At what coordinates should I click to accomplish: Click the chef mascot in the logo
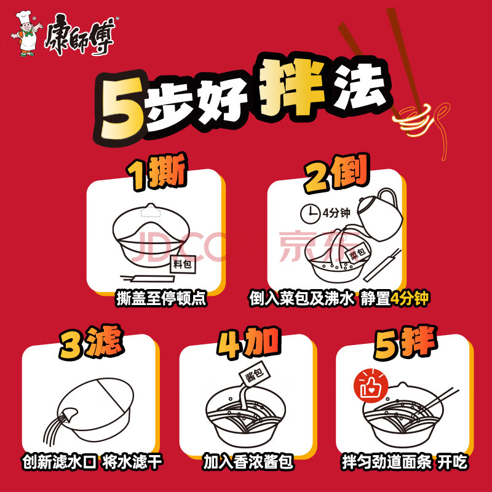pyautogui.click(x=26, y=34)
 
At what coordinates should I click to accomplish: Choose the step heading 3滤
pyautogui.click(x=91, y=343)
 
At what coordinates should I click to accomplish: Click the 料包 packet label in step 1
pyautogui.click(x=183, y=264)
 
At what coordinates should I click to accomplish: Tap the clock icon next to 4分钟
pyautogui.click(x=310, y=214)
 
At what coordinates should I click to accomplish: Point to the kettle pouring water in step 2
pyautogui.click(x=379, y=214)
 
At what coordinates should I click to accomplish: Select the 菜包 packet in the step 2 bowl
pyautogui.click(x=358, y=253)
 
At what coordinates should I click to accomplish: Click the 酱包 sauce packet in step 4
pyautogui.click(x=255, y=373)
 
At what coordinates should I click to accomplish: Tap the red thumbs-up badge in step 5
pyautogui.click(x=371, y=386)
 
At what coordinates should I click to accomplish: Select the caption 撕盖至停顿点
pyautogui.click(x=161, y=298)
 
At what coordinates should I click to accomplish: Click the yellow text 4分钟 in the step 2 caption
pyautogui.click(x=409, y=298)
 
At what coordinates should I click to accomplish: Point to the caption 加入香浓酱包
pyautogui.click(x=248, y=462)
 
